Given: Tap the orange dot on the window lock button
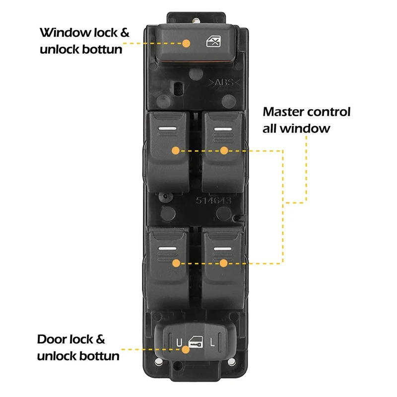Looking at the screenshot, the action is (187, 43).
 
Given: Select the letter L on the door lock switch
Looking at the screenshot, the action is (212, 342).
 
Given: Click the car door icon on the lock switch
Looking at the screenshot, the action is (196, 342).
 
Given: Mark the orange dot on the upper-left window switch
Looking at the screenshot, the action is (175, 150).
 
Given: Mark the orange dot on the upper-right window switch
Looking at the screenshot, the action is (224, 150).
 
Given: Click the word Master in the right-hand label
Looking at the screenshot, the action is (285, 112).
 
